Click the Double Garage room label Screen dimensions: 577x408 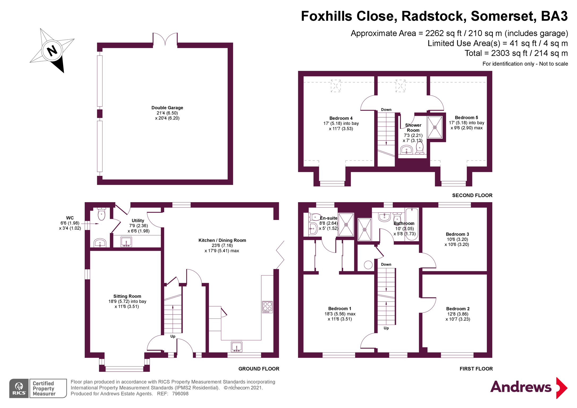[x=167, y=108]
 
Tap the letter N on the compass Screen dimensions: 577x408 [x=52, y=50]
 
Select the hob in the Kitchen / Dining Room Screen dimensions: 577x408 [x=267, y=307]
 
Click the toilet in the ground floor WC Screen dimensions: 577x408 [x=101, y=214]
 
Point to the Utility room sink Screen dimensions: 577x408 [x=126, y=242]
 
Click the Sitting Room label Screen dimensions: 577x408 [x=127, y=296]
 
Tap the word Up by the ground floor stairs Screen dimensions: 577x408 [x=173, y=336]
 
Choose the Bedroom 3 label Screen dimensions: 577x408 [x=457, y=234]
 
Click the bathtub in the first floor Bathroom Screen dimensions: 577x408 [x=412, y=224]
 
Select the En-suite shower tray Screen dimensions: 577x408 [x=346, y=225]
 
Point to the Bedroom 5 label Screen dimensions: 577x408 [x=466, y=118]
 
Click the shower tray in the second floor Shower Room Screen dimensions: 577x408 [x=435, y=127]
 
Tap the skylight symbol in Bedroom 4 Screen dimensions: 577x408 [x=336, y=86]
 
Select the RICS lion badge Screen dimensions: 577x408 [x=19, y=388]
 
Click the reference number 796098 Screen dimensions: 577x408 [x=180, y=394]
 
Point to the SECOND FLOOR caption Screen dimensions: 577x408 [x=472, y=195]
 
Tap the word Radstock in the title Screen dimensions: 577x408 [x=434, y=16]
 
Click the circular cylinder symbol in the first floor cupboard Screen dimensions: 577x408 [x=368, y=265]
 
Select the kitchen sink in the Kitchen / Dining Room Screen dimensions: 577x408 [x=237, y=347]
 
